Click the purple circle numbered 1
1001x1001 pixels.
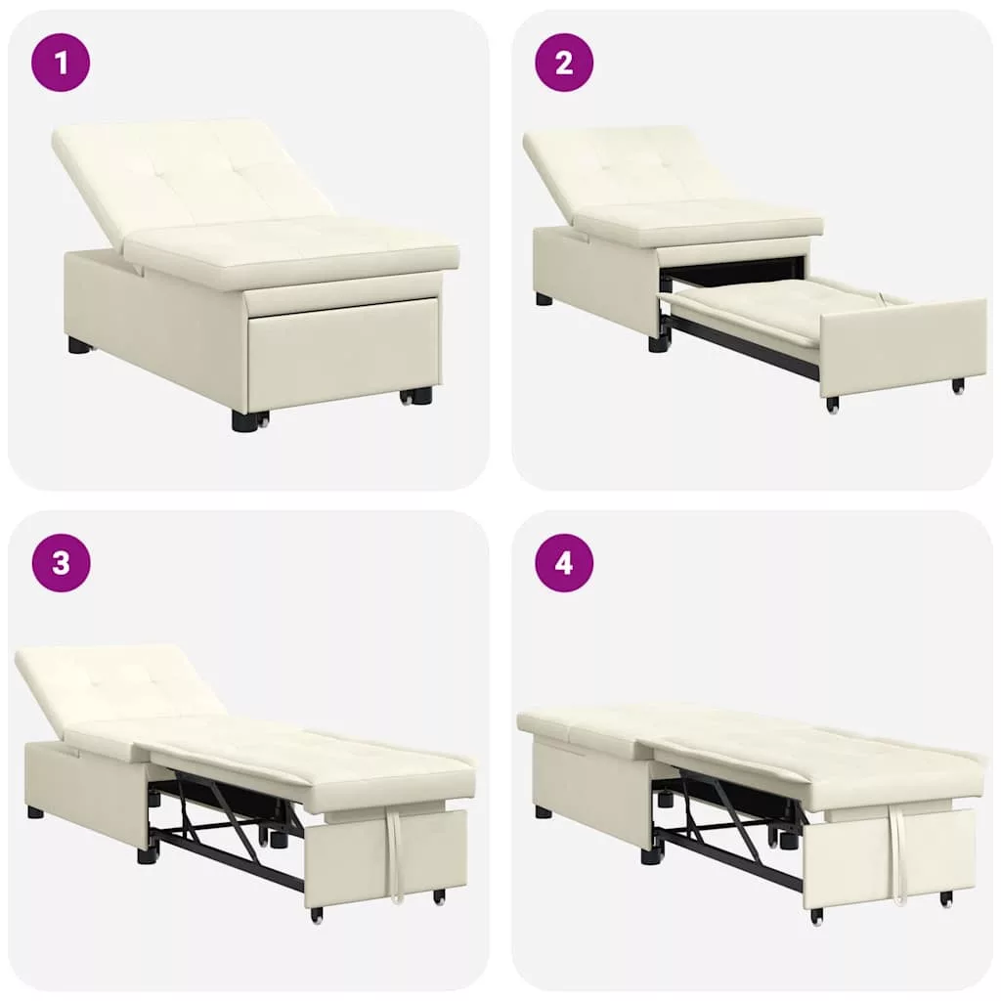61,63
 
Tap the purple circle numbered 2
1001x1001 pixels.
564,63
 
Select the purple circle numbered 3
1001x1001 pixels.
61,563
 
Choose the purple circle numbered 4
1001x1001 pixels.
564,563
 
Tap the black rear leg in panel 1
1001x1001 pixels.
80,346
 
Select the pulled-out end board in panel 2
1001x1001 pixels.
903,348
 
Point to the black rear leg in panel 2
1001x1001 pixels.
544,299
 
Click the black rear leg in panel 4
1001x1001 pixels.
544,812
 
